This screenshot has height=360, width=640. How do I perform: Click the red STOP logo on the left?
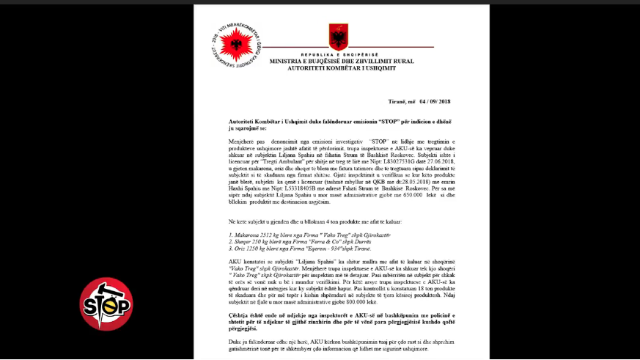pos(106,304)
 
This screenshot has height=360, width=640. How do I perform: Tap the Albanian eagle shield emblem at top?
pos(339,36)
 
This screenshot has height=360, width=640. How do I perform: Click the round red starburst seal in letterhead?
pos(236,45)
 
